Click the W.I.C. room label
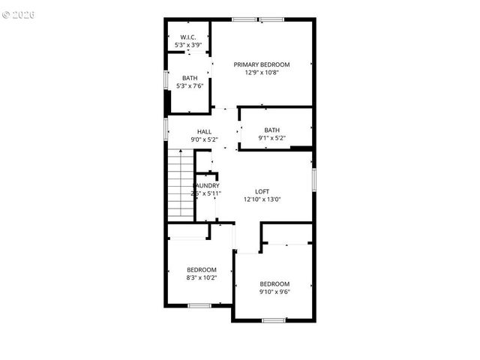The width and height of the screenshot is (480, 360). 187,36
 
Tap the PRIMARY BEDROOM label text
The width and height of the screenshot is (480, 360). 261,64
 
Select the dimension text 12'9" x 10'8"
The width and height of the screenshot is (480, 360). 261,73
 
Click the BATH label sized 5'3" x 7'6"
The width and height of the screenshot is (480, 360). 189,78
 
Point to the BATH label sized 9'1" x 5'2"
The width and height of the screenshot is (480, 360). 271,130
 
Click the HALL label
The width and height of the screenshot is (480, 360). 204,131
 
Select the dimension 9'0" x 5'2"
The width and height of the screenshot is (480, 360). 204,139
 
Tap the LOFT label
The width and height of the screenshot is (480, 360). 262,191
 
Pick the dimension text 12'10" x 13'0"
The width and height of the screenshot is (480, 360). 262,199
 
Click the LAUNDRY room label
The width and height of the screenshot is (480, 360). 207,185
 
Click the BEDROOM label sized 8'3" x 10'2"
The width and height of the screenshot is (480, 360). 202,269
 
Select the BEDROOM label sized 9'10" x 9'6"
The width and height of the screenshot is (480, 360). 274,283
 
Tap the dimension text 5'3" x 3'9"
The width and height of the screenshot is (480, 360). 187,44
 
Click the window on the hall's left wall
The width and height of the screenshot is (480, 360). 166,128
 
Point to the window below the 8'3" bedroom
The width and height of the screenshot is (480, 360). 199,304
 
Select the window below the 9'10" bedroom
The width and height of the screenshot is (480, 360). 274,320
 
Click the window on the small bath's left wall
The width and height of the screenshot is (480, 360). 166,80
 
